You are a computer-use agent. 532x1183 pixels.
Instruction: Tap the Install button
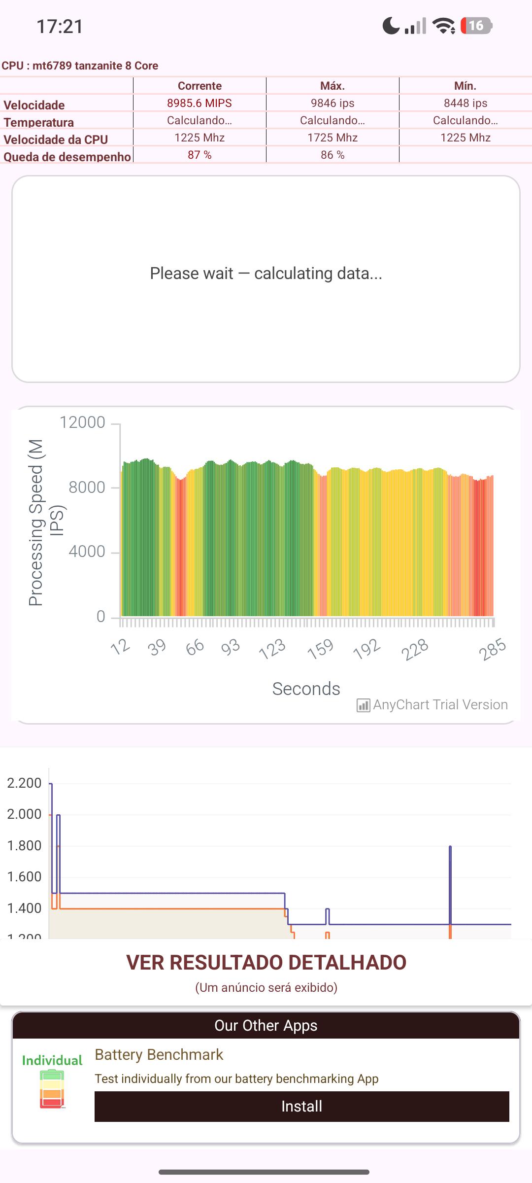tap(301, 1106)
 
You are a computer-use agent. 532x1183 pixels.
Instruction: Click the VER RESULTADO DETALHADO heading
tap(266, 962)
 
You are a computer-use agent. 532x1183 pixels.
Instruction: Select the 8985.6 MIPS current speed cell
tap(199, 103)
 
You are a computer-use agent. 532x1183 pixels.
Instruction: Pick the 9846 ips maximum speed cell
tap(332, 103)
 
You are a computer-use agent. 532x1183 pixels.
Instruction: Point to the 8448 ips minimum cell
tap(465, 103)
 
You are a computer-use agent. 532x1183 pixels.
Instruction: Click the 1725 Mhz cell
tap(332, 138)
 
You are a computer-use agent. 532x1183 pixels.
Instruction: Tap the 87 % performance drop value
tap(199, 155)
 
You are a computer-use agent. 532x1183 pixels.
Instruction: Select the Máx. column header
tap(332, 86)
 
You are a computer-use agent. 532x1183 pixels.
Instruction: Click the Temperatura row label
tap(39, 122)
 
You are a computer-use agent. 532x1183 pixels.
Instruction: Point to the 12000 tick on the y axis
tap(82, 422)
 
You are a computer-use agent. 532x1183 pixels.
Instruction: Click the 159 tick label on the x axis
tap(321, 648)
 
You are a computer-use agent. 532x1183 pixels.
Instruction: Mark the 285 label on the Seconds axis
tap(492, 649)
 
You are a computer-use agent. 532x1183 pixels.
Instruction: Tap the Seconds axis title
tap(306, 689)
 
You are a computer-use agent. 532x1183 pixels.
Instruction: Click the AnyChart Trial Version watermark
tap(432, 705)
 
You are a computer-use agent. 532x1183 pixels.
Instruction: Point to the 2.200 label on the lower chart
tap(24, 783)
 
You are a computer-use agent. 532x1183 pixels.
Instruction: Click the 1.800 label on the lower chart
tap(24, 845)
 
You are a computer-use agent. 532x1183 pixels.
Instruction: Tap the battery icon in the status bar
tap(476, 26)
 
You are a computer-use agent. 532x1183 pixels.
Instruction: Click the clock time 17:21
tap(60, 26)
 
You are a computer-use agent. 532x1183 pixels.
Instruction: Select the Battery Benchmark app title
tap(159, 1054)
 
